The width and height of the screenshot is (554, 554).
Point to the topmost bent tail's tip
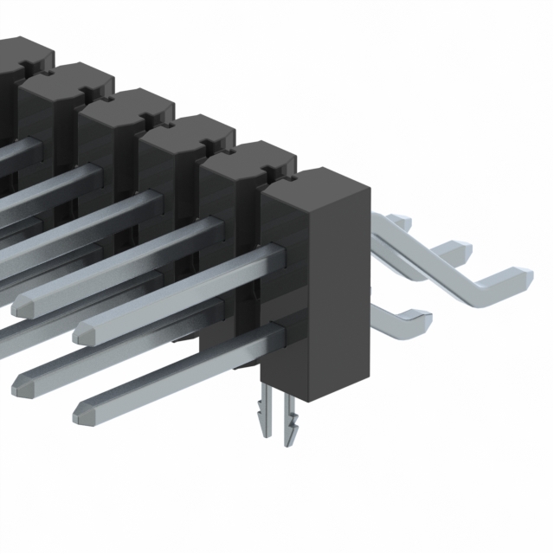click(400, 221)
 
